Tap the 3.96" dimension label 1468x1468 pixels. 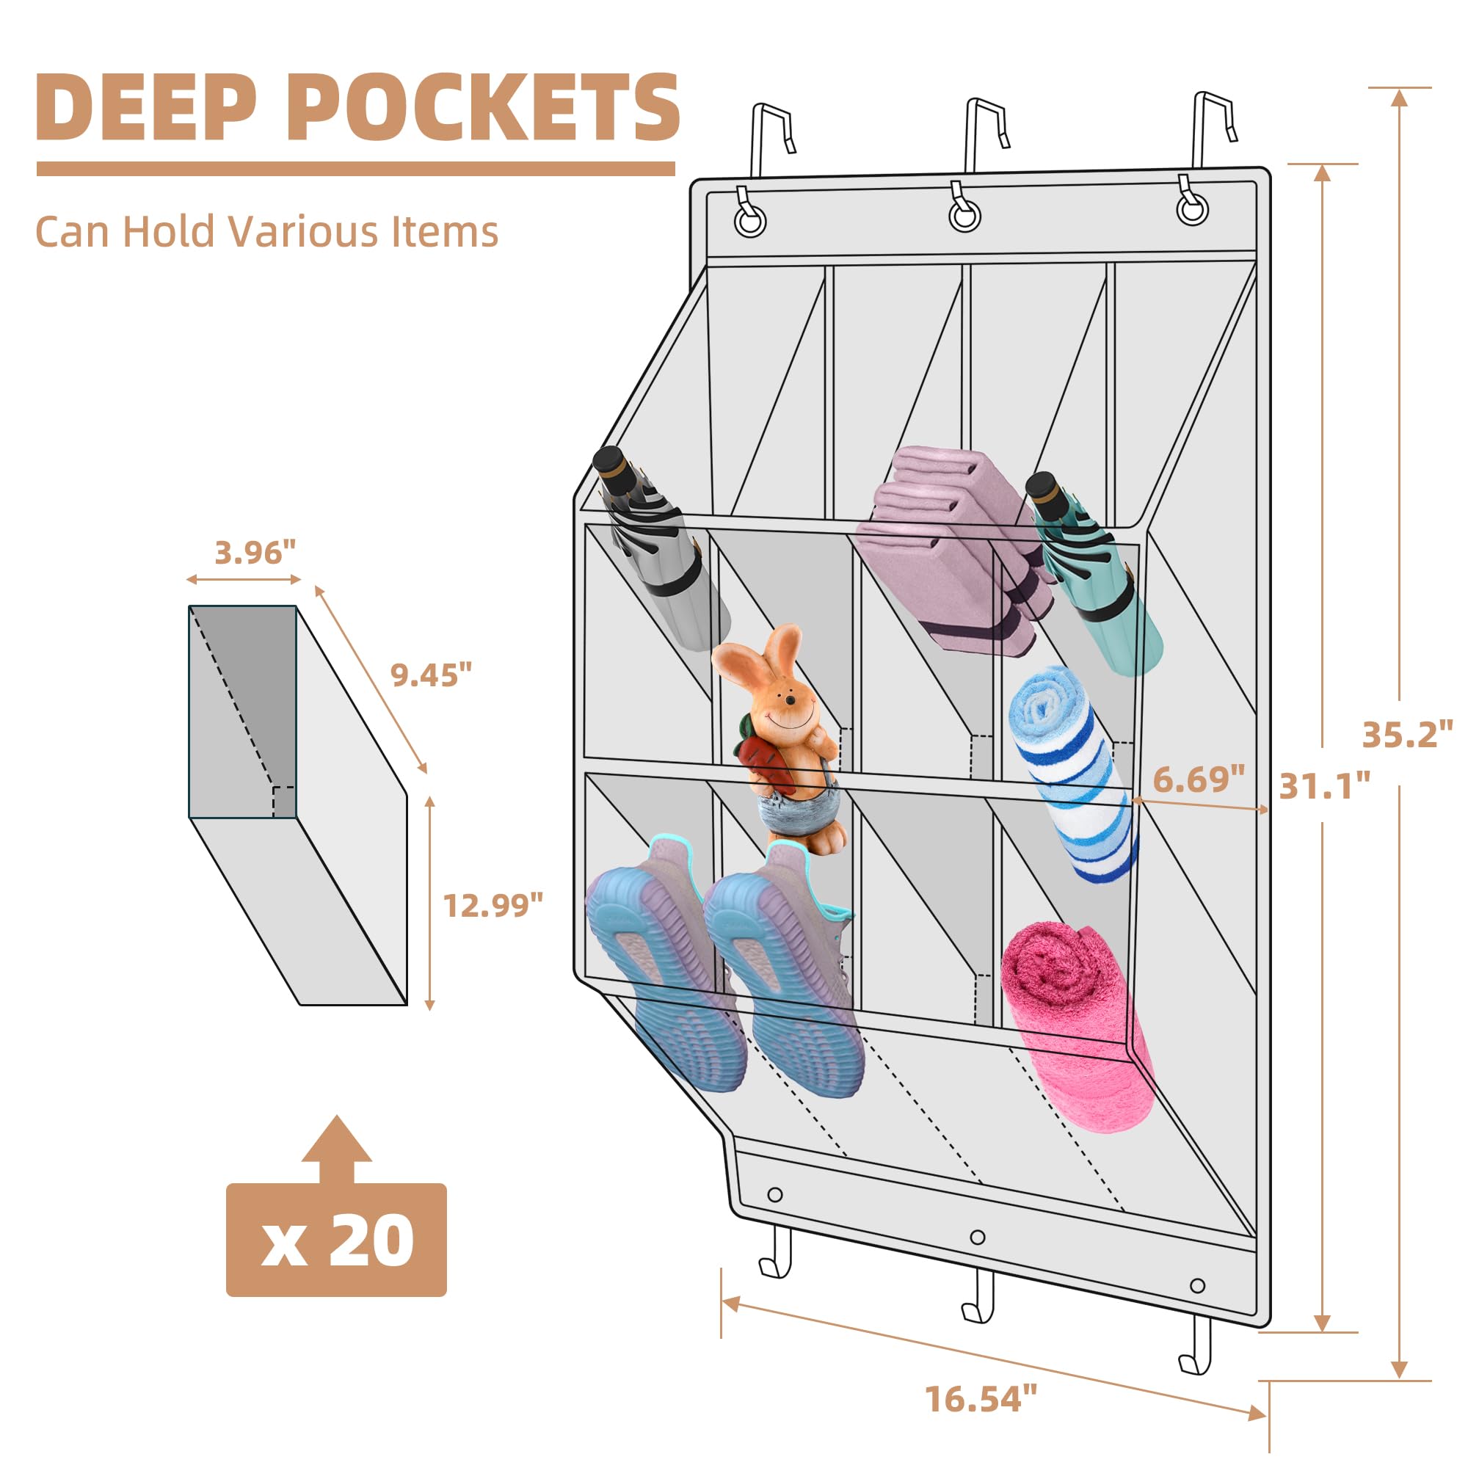(255, 553)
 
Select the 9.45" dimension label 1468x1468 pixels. (431, 674)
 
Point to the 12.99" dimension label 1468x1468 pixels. (493, 905)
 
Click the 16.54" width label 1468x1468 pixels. (981, 1399)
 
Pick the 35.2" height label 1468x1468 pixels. (1407, 735)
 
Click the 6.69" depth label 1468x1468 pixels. (1199, 779)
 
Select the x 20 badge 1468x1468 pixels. (337, 1240)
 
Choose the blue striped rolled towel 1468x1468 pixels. (1072, 774)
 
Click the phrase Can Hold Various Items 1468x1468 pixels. (266, 232)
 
